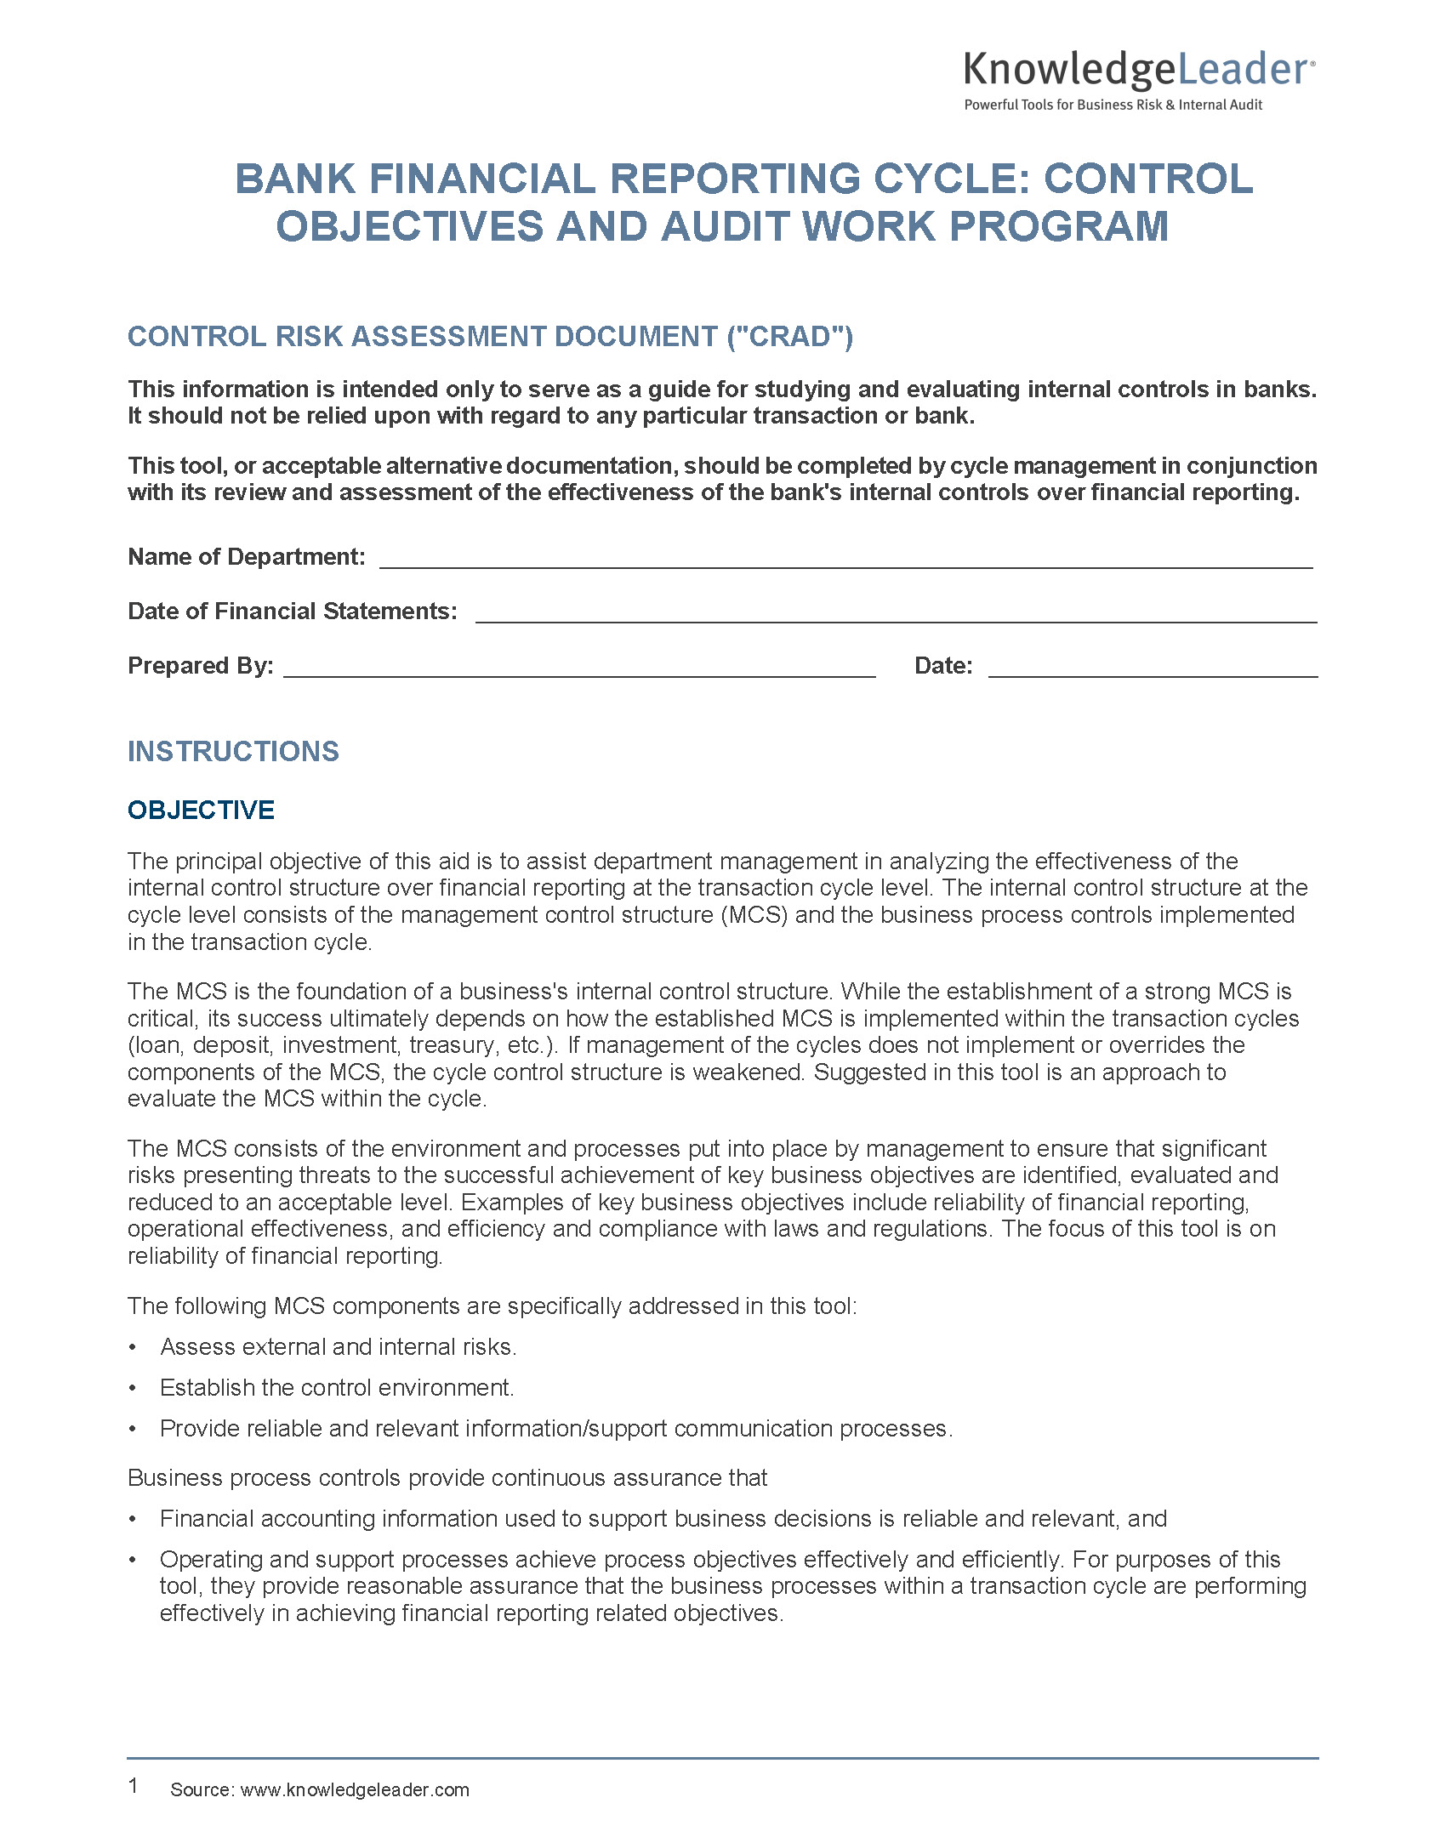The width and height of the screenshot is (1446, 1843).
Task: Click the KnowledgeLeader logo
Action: pos(1138,70)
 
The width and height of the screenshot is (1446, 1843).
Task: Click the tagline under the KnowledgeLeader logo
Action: pos(1113,105)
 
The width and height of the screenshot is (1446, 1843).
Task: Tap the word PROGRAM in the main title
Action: pos(1059,227)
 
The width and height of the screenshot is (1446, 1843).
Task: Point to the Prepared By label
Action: pos(201,666)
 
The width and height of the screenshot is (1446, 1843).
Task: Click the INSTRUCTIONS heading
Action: pos(233,752)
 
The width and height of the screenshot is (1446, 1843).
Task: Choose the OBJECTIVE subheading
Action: pos(201,811)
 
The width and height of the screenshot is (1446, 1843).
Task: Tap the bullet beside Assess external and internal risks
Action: pos(133,1348)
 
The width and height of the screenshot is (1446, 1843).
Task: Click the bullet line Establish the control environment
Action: pos(337,1388)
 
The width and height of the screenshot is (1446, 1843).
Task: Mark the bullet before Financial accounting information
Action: pos(133,1520)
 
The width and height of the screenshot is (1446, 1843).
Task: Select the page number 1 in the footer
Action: pos(134,1786)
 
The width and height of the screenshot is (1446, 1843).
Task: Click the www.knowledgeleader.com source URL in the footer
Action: pos(355,1790)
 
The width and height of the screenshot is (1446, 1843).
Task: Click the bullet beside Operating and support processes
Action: pos(133,1561)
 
